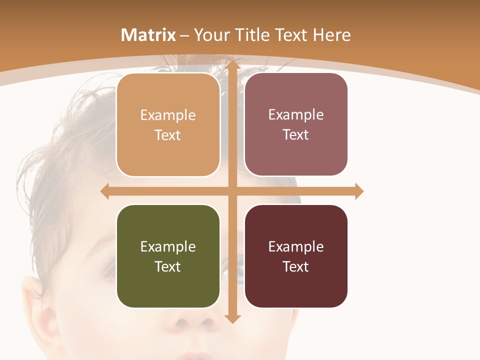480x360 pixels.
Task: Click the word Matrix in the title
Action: click(x=148, y=35)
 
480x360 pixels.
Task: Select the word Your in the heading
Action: click(x=212, y=35)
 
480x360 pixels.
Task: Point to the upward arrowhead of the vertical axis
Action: click(x=232, y=64)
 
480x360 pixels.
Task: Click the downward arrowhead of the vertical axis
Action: click(x=232, y=318)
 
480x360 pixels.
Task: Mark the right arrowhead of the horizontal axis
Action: click(x=359, y=191)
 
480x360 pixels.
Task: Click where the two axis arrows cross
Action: click(x=232, y=191)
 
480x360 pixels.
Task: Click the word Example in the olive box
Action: click(x=168, y=246)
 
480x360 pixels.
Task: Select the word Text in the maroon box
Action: click(x=296, y=266)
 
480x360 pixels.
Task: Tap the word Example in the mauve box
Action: click(x=296, y=115)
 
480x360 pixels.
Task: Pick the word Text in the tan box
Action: click(x=168, y=135)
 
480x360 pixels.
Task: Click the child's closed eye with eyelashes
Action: click(x=107, y=270)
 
